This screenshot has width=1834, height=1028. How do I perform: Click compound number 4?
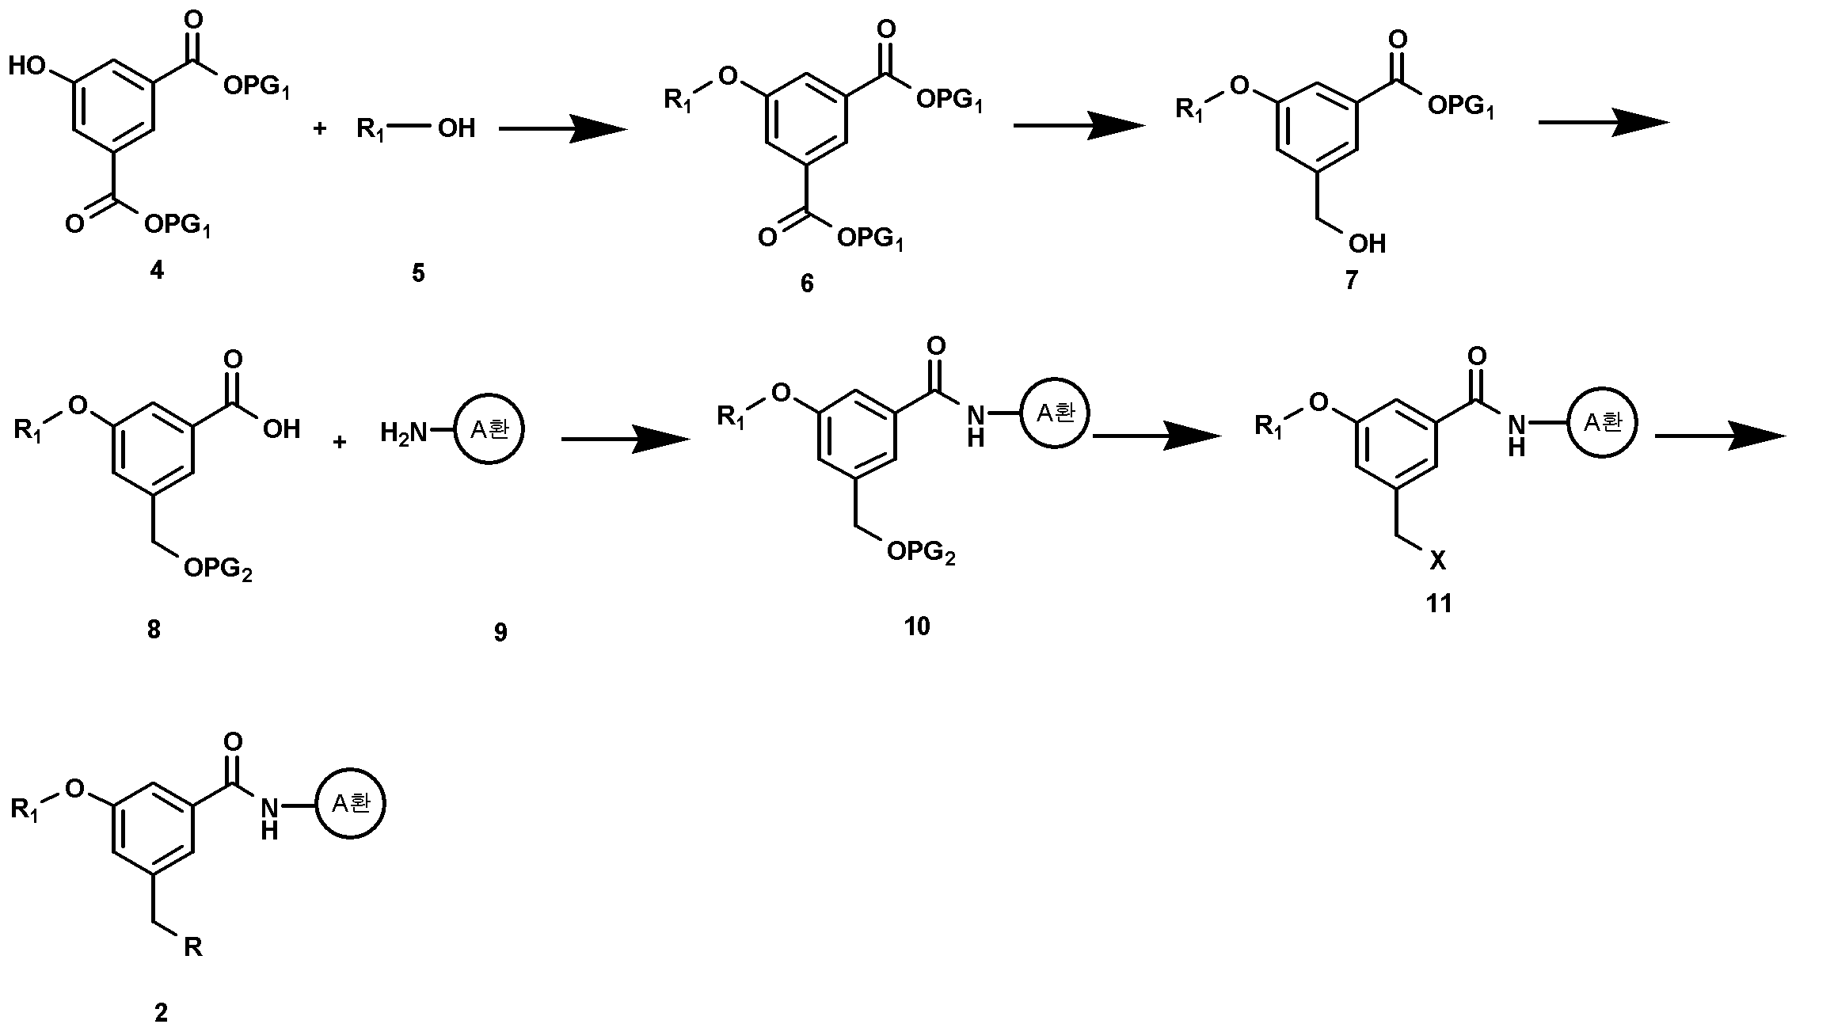tap(157, 271)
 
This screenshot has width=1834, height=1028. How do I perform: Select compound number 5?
tap(418, 273)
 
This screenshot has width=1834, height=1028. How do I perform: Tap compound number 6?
tap(806, 283)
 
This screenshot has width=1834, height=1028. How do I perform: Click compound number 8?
tap(154, 630)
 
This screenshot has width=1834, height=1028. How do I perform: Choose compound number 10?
tap(917, 626)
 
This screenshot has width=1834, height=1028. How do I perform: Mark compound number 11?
tap(1439, 603)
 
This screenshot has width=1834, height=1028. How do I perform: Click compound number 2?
tap(161, 1012)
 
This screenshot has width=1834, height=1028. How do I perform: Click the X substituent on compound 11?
tap(1437, 562)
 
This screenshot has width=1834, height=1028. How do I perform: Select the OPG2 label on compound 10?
tap(921, 553)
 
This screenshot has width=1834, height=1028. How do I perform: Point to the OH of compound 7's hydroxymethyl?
tap(1368, 243)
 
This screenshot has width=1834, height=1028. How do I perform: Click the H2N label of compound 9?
tap(404, 432)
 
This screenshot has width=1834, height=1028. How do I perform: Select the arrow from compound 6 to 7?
tap(1079, 124)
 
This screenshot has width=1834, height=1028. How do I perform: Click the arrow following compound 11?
tap(1721, 436)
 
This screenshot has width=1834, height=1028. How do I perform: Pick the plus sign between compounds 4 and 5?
tap(320, 128)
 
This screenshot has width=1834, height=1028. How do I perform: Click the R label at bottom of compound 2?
tap(193, 946)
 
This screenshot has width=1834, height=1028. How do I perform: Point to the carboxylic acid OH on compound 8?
tap(281, 429)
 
